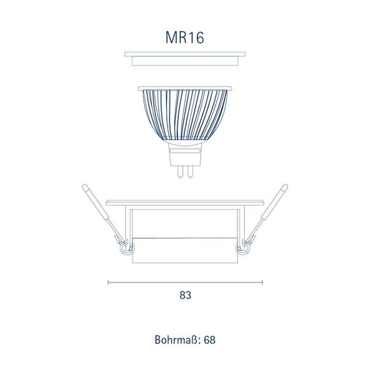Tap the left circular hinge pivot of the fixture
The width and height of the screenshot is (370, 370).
point(124,249)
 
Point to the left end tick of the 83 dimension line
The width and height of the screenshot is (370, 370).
point(109,283)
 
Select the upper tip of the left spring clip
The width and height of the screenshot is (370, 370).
point(85,186)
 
